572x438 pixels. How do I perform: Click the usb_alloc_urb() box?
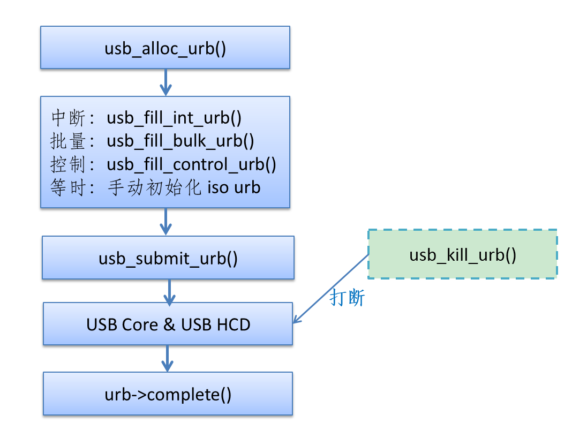point(165,48)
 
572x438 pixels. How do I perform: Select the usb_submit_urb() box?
point(168,258)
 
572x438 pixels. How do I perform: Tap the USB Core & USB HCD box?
point(168,324)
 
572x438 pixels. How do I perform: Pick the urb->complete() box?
point(168,394)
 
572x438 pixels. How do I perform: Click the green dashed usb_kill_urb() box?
point(462,254)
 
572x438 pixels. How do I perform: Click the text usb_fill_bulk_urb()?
point(180,141)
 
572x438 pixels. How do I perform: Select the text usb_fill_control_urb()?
point(192,164)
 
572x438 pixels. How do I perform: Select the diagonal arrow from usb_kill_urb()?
point(331,289)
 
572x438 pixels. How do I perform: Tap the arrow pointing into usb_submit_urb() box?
point(165,221)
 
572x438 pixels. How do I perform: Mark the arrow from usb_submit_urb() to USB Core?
point(169,291)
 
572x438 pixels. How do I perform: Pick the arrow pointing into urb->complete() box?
point(168,358)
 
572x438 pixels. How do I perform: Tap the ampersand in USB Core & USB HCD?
point(169,324)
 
